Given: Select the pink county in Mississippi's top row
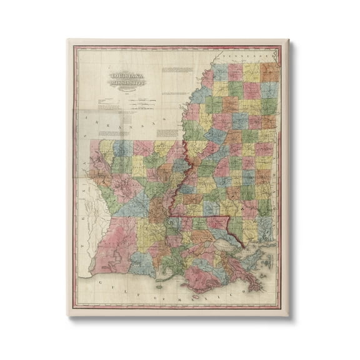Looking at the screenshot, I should tap(235, 71).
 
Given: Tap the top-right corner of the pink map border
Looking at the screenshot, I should tap(279, 47).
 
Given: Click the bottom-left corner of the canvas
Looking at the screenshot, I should tap(69, 314).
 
